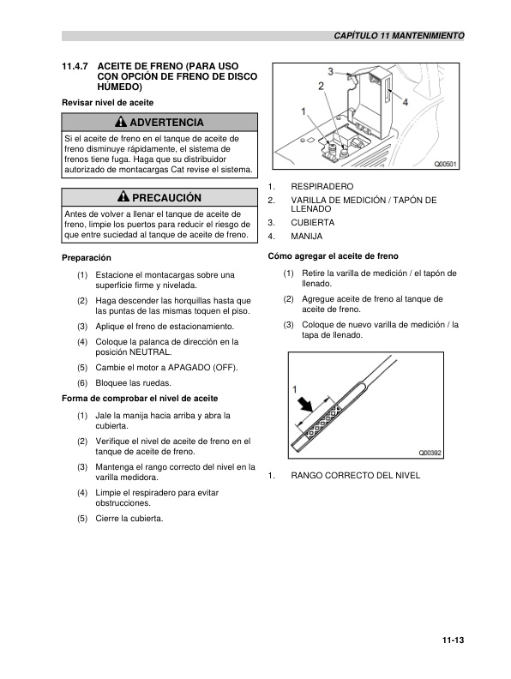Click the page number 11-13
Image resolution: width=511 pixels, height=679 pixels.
[x=453, y=638]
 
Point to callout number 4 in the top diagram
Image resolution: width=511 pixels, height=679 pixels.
[x=405, y=101]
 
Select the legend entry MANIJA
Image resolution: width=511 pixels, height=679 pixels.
[x=308, y=236]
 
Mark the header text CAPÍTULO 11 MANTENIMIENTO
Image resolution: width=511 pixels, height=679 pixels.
[x=399, y=36]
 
